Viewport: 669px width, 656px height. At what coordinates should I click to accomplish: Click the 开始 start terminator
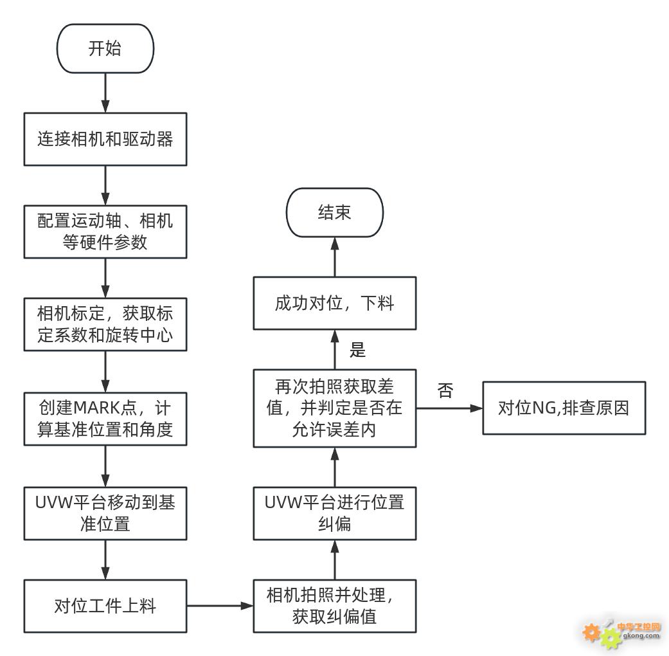[x=105, y=48]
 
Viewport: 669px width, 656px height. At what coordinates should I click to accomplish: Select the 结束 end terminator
[x=334, y=212]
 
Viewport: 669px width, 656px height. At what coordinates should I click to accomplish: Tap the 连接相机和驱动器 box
[x=105, y=139]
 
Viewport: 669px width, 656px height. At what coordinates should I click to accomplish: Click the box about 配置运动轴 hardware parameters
[x=105, y=232]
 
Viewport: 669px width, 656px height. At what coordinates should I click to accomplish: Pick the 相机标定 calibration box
[x=105, y=324]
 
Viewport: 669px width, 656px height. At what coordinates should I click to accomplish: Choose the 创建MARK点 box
[x=105, y=419]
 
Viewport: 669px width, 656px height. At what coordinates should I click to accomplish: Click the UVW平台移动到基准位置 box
[x=105, y=513]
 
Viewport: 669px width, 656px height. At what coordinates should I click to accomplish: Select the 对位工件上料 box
[x=105, y=606]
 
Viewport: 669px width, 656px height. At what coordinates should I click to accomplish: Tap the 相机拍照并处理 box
[x=334, y=606]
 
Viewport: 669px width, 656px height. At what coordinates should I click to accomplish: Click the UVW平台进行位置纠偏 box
[x=334, y=513]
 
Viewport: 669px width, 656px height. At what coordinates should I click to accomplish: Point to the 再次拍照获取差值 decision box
[x=334, y=408]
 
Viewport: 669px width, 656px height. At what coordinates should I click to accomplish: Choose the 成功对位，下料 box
[x=334, y=303]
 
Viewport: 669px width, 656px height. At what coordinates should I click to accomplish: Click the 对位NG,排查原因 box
[x=564, y=408]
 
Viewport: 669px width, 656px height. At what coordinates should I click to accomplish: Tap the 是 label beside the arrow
[x=357, y=350]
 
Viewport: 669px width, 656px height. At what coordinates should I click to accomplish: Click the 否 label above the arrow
[x=445, y=390]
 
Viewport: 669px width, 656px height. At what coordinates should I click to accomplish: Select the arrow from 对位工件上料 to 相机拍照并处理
[x=220, y=606]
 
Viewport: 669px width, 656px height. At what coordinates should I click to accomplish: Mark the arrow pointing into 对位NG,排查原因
[x=449, y=408]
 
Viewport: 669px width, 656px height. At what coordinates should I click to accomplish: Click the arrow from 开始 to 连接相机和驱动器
[x=105, y=93]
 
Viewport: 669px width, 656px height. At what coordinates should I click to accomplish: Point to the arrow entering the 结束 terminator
[x=335, y=257]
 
